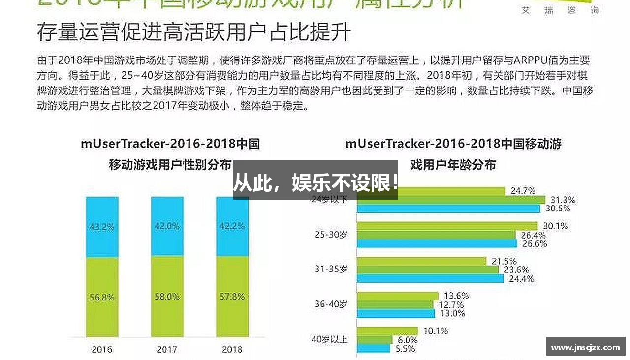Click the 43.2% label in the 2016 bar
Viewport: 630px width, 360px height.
pos(102,227)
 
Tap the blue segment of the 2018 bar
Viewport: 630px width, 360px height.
pos(232,226)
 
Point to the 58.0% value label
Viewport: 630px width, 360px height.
pos(167,297)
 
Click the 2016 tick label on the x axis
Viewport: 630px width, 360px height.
pos(102,350)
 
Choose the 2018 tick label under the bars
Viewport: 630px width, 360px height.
pos(232,350)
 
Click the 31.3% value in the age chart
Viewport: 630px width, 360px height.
pos(563,200)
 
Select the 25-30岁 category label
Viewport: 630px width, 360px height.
pos(331,235)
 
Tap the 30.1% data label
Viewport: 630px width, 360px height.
pos(555,226)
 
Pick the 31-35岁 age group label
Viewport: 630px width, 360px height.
pos(331,269)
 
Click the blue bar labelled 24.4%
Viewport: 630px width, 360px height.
pos(430,278)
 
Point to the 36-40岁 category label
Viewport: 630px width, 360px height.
pos(331,304)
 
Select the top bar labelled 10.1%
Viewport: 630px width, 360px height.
pos(387,331)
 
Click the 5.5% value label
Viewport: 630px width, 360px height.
pos(406,348)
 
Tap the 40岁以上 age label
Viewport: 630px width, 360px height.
pos(330,339)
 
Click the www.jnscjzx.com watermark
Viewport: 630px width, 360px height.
pos(585,347)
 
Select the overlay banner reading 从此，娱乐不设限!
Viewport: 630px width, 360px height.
pos(315,183)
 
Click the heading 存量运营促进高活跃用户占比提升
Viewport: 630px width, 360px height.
pos(194,32)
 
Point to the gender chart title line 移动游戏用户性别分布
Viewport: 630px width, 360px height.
pos(170,164)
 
